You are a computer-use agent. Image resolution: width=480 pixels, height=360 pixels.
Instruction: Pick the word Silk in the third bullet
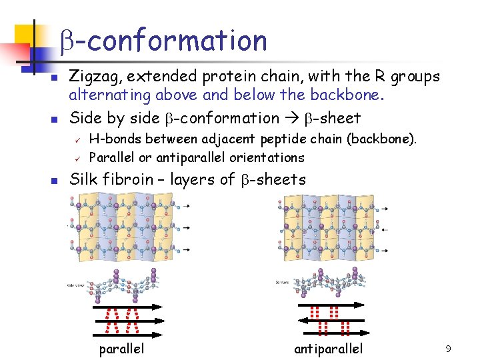tap(82, 179)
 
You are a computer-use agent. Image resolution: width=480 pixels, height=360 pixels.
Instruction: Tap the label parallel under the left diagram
tap(122, 349)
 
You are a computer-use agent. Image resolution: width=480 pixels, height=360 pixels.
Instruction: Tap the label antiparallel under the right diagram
tap(329, 349)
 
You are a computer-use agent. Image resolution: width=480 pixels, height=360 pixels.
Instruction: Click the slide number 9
tap(448, 348)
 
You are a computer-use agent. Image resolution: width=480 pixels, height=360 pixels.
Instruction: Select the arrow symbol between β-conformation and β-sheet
tap(292, 119)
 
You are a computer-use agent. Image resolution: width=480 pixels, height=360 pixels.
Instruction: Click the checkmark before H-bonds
tap(77, 140)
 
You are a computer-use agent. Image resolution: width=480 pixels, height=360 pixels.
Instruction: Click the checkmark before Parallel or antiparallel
tap(77, 159)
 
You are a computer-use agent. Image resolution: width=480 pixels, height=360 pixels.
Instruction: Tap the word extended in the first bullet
tap(159, 77)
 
